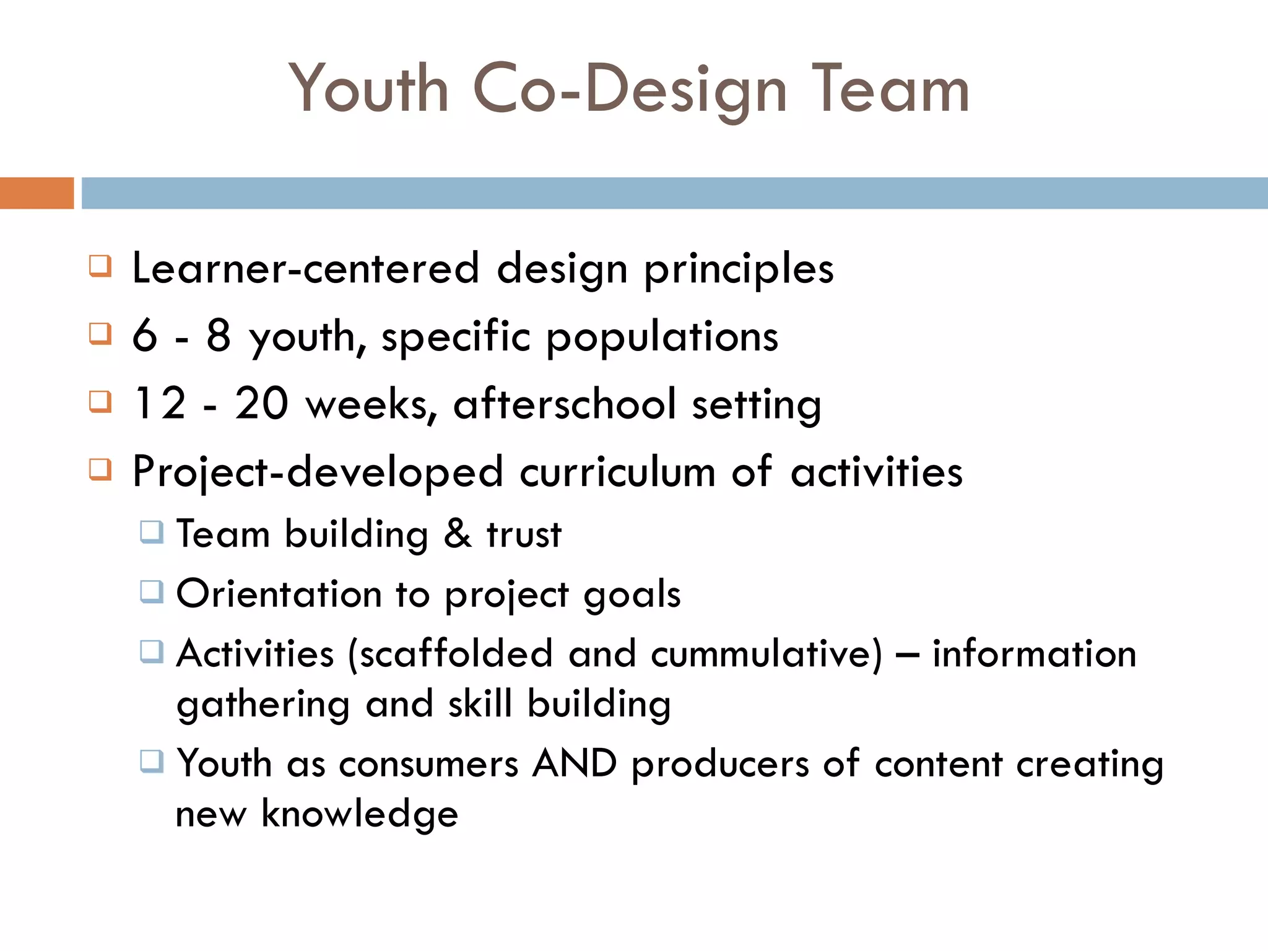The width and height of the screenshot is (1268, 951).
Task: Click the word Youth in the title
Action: (369, 89)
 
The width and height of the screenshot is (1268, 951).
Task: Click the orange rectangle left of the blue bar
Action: (37, 193)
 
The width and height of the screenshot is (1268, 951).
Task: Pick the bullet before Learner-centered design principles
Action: (100, 266)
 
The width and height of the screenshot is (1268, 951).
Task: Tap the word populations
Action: (662, 338)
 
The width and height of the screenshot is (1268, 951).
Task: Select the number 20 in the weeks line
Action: (261, 403)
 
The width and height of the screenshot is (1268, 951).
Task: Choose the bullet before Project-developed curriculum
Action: (100, 469)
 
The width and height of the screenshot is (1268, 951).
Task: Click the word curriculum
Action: (617, 472)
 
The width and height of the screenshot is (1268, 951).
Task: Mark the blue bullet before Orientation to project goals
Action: (152, 591)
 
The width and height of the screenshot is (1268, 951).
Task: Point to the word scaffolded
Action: (456, 654)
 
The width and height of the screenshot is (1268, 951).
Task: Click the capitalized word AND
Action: (575, 763)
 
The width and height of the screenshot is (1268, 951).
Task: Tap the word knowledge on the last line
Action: (360, 814)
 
